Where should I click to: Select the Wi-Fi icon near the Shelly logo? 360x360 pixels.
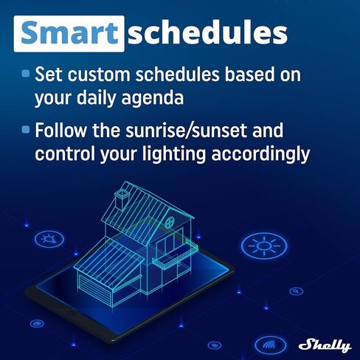pos(269,344)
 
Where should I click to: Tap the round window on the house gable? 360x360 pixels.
pos(170,221)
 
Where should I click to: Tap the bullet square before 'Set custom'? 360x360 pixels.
pos(26,74)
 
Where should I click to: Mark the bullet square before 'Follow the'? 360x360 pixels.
pos(26,130)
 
